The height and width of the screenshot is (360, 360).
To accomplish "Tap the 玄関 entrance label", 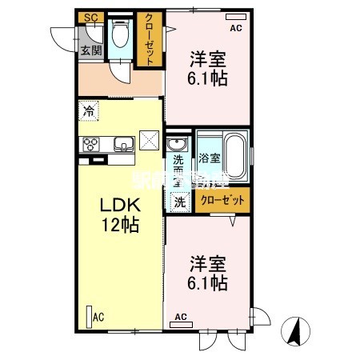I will click(x=90, y=50).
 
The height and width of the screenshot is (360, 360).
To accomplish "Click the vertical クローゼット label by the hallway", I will click(x=148, y=41).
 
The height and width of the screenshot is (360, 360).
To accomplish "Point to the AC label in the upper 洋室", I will click(x=235, y=29).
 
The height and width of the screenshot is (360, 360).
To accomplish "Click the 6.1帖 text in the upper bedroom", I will click(x=207, y=79).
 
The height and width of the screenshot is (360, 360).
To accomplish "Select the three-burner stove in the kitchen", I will click(x=89, y=145).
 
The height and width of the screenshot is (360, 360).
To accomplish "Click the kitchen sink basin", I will click(x=123, y=145).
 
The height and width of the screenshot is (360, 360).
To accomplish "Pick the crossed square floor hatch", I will click(x=150, y=140).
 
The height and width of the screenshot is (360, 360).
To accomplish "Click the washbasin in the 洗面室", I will click(x=176, y=146).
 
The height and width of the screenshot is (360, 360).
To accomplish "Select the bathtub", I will click(x=234, y=154).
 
